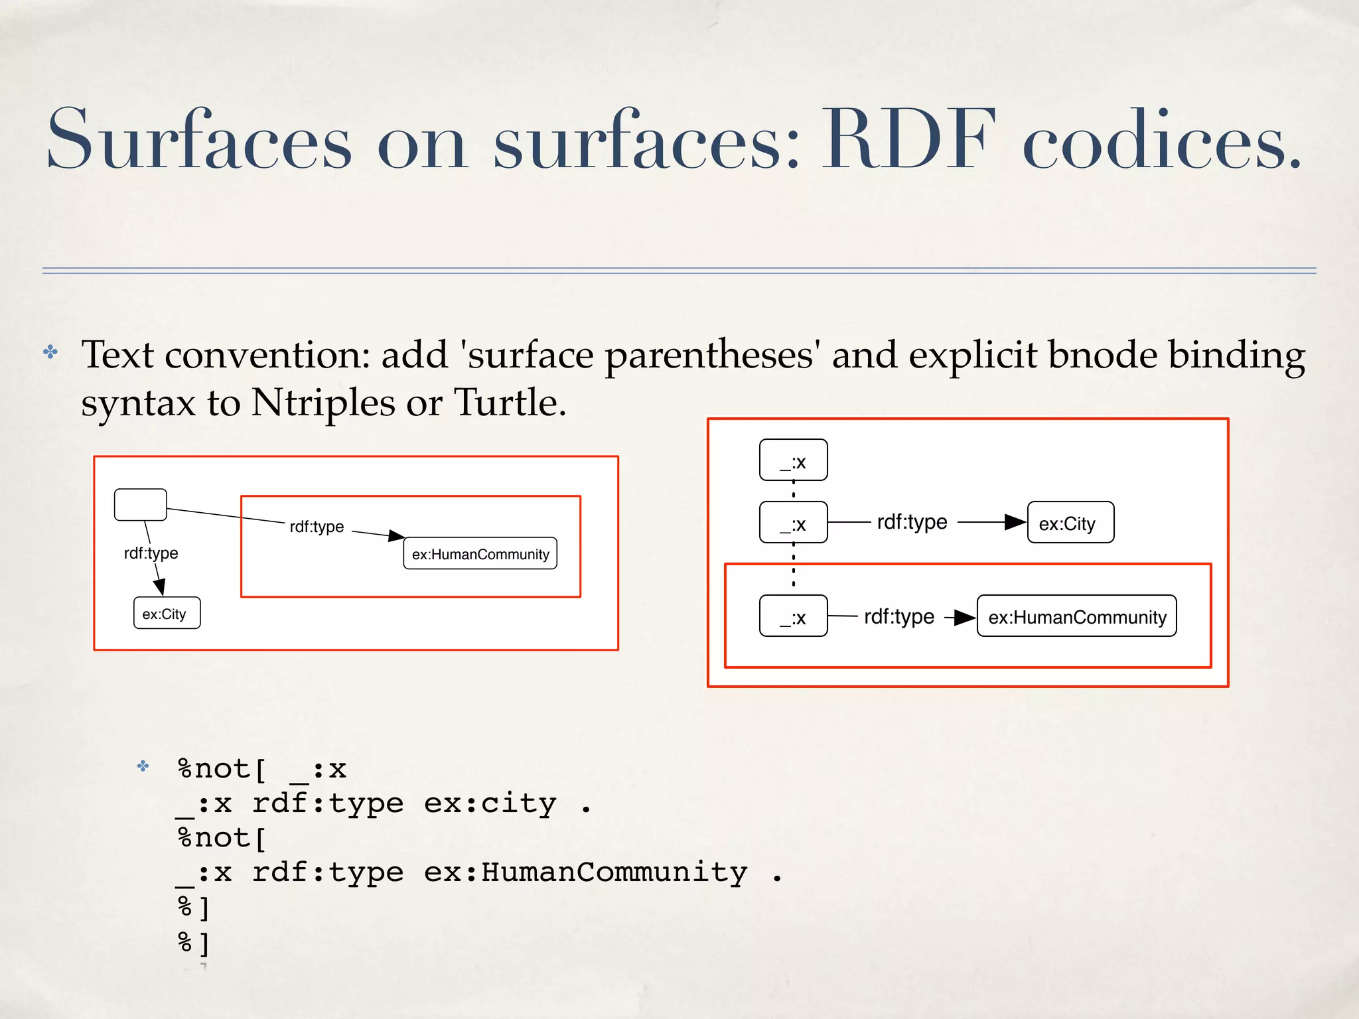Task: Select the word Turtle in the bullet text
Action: [x=510, y=403]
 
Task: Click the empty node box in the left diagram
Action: [x=141, y=505]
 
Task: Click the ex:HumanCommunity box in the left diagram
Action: [x=480, y=553]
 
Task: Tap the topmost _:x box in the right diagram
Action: [x=793, y=460]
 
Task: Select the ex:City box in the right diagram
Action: [x=1070, y=523]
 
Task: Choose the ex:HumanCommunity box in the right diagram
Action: [x=1076, y=616]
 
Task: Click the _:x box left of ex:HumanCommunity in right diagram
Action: [x=793, y=616]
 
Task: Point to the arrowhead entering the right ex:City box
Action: [x=1015, y=522]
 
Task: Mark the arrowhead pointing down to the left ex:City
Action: [x=159, y=586]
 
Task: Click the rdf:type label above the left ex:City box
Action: [x=151, y=553]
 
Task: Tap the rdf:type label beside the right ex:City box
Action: [x=912, y=522]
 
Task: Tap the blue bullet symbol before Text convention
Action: [x=50, y=352]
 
